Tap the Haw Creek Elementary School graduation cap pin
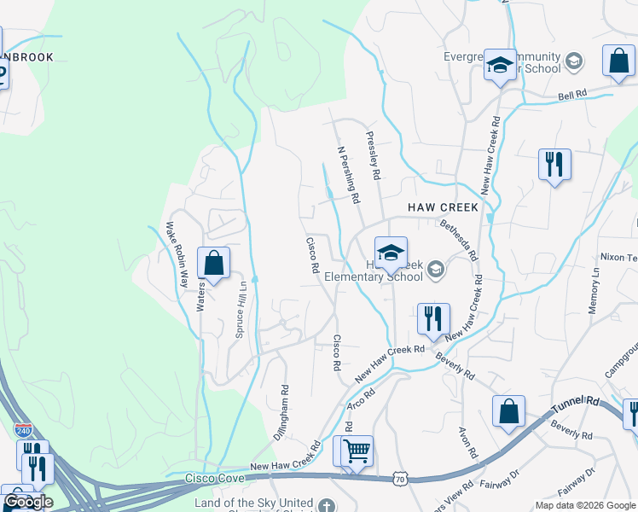[391, 252]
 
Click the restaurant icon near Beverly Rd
[433, 318]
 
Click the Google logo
[28, 502]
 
